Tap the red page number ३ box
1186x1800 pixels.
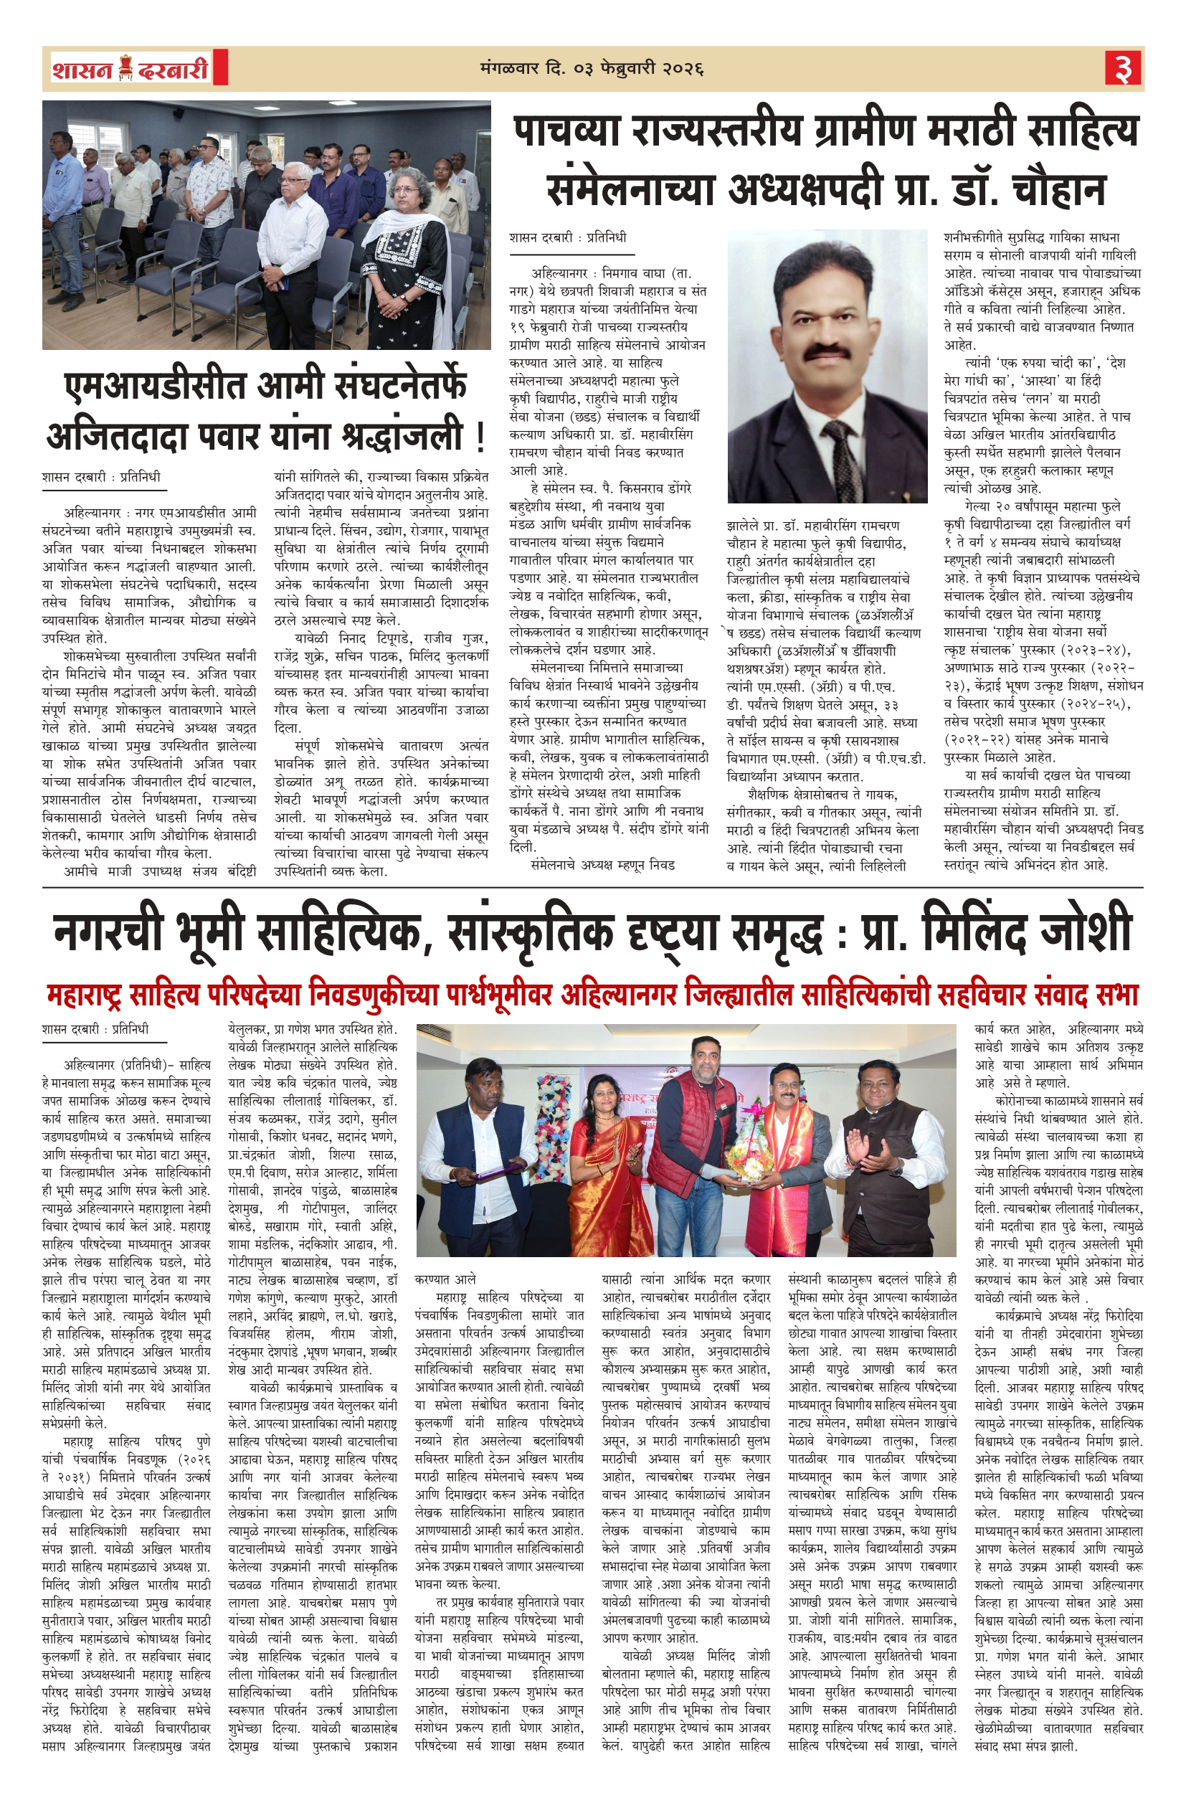(1123, 70)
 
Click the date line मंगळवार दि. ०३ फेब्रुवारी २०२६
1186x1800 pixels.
(592, 70)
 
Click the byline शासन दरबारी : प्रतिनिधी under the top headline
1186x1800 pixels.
(567, 238)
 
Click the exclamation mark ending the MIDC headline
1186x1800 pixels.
(480, 437)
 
